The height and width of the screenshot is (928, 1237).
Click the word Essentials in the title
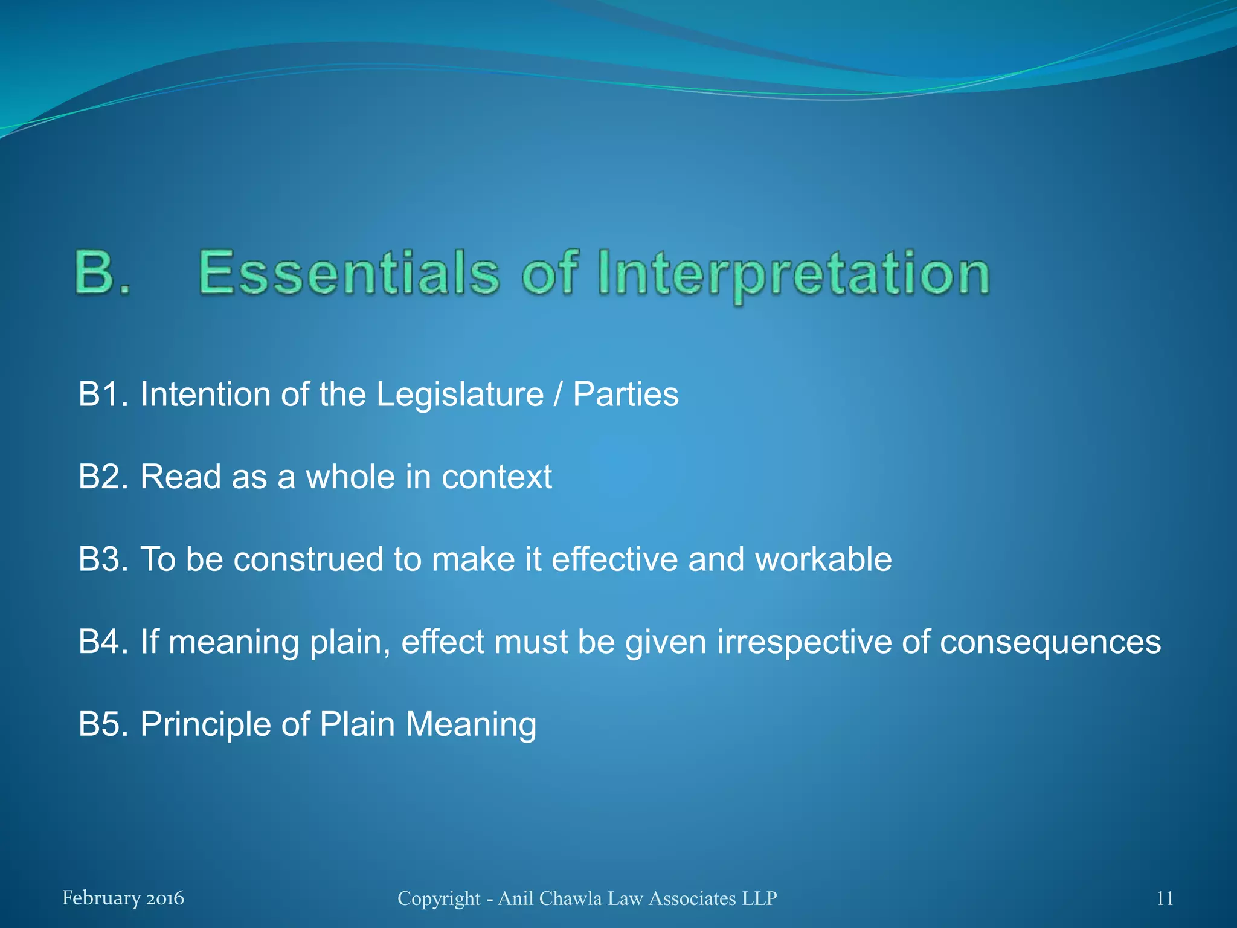(x=349, y=273)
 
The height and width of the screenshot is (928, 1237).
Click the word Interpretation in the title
(x=793, y=275)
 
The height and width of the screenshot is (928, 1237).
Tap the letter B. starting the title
(x=102, y=273)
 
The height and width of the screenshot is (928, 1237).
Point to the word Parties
(x=625, y=395)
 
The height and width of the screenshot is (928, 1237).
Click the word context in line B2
(x=496, y=477)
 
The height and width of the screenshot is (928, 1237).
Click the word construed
(x=308, y=559)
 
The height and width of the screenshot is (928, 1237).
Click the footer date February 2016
(x=123, y=898)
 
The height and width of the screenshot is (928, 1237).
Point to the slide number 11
(x=1165, y=898)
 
